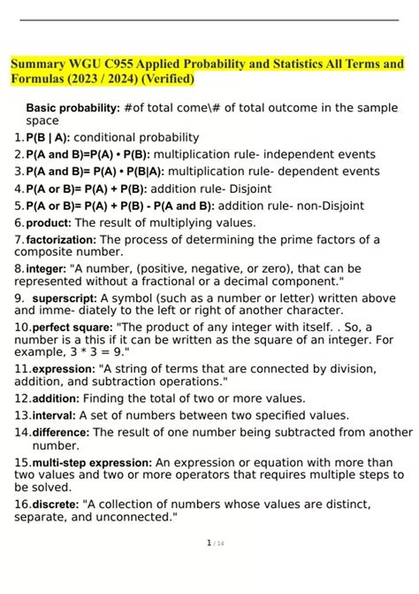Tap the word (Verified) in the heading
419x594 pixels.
[x=164, y=80]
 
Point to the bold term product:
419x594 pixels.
[x=50, y=223]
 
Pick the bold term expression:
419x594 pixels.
[x=63, y=369]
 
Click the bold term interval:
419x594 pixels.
[x=54, y=414]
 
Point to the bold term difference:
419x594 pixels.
[x=60, y=432]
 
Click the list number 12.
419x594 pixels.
[x=21, y=398]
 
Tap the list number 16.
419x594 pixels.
[x=21, y=505]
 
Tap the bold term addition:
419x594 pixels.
[x=56, y=398]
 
